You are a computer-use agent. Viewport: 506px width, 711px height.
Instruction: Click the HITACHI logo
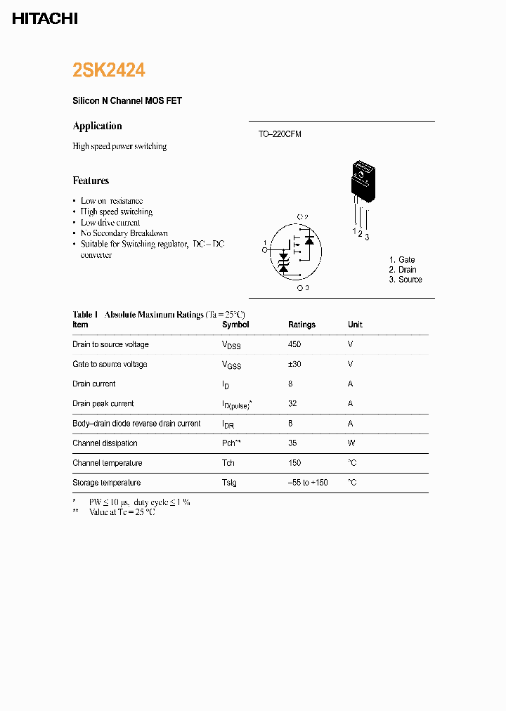coord(45,19)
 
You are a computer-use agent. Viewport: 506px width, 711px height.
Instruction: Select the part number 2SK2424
coord(109,70)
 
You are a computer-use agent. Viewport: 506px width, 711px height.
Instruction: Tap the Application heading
coord(97,126)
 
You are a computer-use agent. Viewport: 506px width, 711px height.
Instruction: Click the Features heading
coord(91,181)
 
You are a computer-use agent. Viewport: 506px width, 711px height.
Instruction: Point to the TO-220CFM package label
coord(279,134)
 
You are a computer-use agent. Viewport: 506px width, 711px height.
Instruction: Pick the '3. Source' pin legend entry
coord(406,280)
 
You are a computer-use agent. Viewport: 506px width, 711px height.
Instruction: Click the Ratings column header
coord(301,325)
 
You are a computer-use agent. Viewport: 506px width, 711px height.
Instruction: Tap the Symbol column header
coord(235,325)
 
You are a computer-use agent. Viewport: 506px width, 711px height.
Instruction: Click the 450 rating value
coord(294,344)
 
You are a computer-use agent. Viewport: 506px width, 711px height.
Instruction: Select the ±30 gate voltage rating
coord(294,364)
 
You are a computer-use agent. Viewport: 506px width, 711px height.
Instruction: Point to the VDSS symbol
coord(231,345)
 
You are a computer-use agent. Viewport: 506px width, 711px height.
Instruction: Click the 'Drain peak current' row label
coord(103,404)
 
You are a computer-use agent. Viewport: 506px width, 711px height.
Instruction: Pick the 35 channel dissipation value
coord(292,443)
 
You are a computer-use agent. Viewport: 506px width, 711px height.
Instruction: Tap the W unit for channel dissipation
coord(351,443)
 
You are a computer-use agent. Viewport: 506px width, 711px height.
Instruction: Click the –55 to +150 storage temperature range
coord(308,483)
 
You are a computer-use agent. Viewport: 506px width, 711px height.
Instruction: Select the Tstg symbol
coord(229,483)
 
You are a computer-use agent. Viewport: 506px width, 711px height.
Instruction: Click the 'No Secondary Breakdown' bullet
coord(124,233)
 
